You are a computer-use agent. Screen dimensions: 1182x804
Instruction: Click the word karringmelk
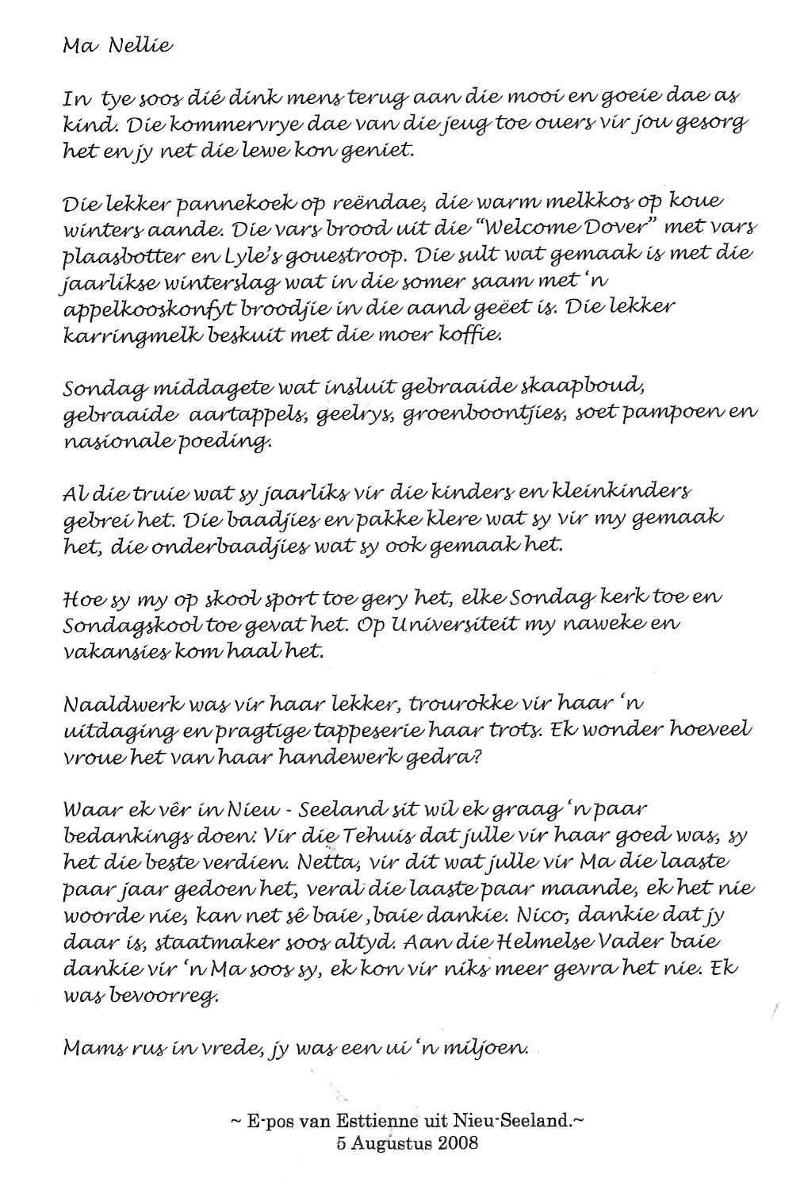pyautogui.click(x=124, y=336)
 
